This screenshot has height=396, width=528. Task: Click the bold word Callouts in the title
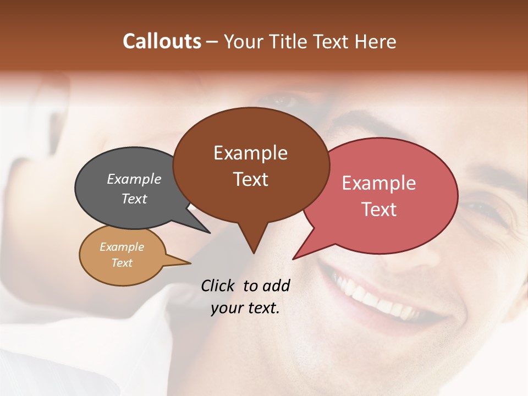coord(162,41)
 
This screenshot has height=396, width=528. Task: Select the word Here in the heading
coord(375,41)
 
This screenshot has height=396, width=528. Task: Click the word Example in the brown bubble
coord(250,153)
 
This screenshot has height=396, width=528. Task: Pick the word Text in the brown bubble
coord(250,179)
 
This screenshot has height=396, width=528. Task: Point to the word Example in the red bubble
coord(379,183)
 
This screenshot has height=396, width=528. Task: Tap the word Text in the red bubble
coord(379,210)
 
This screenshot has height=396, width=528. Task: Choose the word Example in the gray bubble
coord(134,179)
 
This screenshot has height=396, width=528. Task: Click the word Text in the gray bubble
coord(134,199)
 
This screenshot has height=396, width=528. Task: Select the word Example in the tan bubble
coord(122,247)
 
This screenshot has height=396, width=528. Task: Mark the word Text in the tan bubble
coord(122,263)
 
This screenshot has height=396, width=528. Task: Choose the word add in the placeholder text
coord(276,285)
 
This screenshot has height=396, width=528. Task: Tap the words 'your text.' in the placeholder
coord(245,308)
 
